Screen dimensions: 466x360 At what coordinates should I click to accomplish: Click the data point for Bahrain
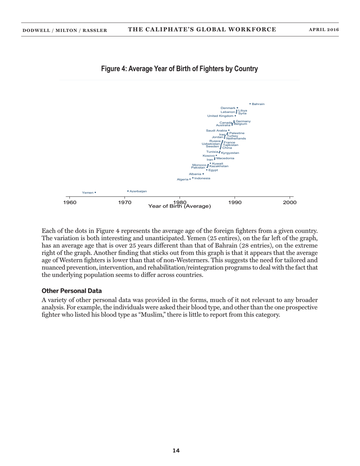[250, 104]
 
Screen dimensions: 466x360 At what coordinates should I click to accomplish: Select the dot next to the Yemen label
[95, 192]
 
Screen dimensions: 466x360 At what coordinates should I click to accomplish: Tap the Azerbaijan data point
[128, 191]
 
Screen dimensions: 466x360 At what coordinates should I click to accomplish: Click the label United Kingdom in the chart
[220, 116]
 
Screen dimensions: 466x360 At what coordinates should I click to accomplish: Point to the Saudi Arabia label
[216, 130]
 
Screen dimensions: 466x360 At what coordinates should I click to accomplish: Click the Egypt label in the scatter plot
[213, 170]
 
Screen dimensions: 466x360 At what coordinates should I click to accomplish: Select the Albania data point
[203, 174]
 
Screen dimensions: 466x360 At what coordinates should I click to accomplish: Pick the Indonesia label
[202, 178]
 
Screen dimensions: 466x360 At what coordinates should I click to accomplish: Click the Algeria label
[182, 179]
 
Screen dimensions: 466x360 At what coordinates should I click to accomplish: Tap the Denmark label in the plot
[228, 108]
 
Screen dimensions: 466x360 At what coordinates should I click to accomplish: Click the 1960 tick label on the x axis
[70, 203]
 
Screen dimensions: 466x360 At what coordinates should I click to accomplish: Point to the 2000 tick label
[290, 203]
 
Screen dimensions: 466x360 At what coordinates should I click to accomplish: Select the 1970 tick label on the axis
[125, 203]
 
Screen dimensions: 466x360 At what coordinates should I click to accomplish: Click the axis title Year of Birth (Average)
[180, 206]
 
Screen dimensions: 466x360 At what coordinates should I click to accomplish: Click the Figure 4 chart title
[179, 69]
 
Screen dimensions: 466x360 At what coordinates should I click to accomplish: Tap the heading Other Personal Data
[72, 291]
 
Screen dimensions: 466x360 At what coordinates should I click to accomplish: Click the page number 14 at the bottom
[176, 450]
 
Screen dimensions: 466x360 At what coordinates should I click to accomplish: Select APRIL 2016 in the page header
[324, 30]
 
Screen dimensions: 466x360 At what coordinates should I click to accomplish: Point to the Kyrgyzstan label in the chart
[230, 153]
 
